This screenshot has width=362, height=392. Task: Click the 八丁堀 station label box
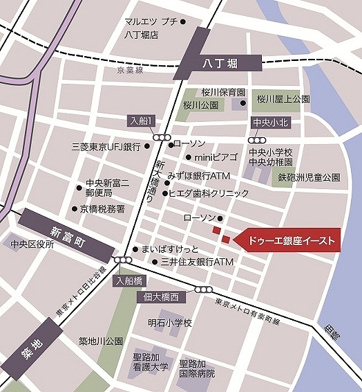coord(220,64)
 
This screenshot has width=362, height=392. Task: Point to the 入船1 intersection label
coord(142,120)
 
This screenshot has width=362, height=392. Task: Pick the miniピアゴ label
coord(216,158)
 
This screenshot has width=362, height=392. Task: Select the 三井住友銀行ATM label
coord(197,262)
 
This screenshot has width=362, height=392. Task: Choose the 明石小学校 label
coord(169,323)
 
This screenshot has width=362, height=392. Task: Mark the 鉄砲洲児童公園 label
coord(309,177)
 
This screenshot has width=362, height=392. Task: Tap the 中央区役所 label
coord(32,244)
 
